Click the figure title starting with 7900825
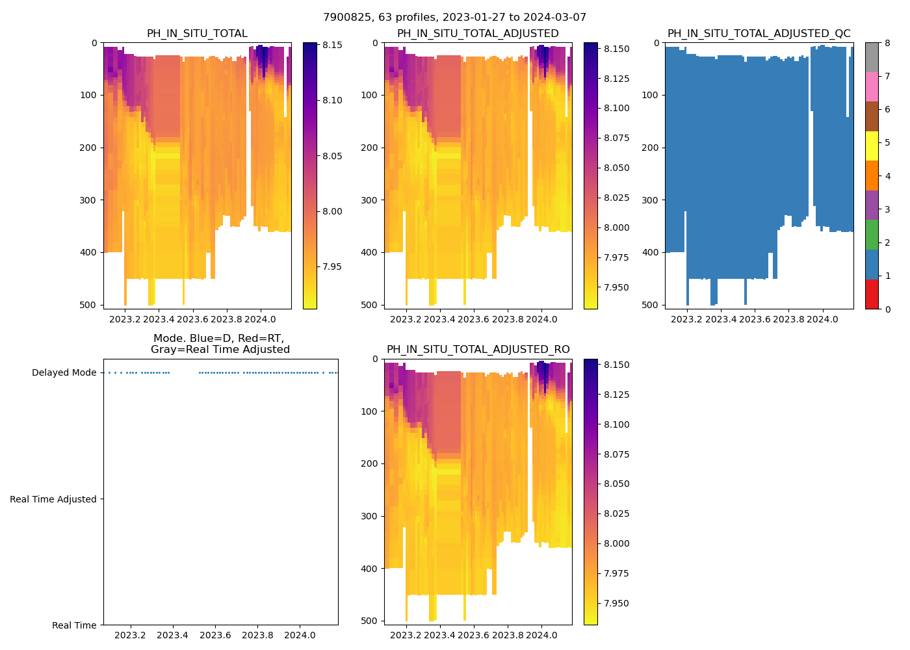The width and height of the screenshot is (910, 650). coord(454,18)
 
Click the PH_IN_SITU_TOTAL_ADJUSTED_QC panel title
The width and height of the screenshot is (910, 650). coord(759,34)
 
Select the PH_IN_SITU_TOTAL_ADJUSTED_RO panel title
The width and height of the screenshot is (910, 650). coord(478,350)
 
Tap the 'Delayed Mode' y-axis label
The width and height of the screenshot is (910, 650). coord(64,372)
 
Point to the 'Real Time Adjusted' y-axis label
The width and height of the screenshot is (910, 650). coord(53,499)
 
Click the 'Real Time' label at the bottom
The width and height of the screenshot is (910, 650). coord(74,625)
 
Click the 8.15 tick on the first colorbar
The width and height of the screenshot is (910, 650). coord(332,45)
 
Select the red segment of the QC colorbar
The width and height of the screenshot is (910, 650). coord(871,294)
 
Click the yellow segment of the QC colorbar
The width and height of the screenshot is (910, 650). coord(871,146)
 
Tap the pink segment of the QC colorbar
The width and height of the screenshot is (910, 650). coord(871,86)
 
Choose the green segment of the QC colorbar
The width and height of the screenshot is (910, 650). coord(871,234)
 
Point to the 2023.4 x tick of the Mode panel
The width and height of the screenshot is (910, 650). coord(173,635)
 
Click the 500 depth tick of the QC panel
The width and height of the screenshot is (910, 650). coord(651,305)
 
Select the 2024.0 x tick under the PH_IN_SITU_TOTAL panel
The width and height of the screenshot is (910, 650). coord(260,319)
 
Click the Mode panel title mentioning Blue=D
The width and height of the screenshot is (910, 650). coord(220,344)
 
